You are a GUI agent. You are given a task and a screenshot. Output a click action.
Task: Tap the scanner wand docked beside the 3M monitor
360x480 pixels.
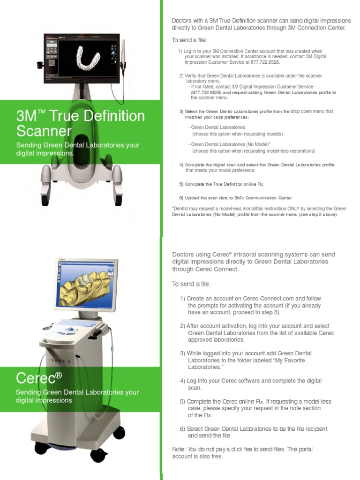[x=124, y=52]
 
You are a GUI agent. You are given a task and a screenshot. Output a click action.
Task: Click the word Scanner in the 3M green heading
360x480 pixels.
[x=44, y=131]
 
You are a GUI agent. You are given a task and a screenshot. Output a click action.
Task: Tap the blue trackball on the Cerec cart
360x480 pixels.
[x=70, y=329]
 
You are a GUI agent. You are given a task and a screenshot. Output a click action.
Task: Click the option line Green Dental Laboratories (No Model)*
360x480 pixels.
[x=229, y=144]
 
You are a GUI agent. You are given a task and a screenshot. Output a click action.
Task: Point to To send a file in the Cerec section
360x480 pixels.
[x=191, y=285]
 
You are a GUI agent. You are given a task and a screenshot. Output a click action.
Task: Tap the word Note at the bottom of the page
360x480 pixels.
[x=179, y=449]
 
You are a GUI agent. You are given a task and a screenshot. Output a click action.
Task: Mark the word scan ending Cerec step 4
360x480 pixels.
[x=195, y=388]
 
